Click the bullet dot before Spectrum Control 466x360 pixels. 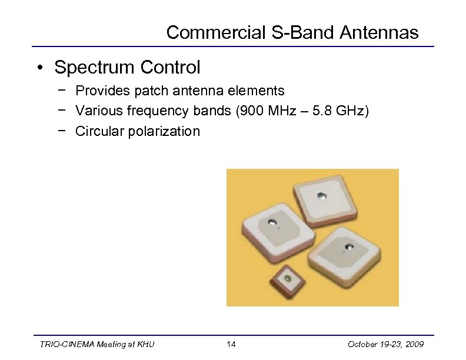(38, 68)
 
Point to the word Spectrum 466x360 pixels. (95, 68)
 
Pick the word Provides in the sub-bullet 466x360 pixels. (105, 91)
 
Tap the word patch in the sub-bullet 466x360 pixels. (155, 91)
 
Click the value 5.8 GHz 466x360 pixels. (338, 111)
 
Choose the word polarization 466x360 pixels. (167, 131)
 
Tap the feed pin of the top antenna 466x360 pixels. (321, 195)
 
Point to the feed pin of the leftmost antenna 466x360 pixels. (272, 222)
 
